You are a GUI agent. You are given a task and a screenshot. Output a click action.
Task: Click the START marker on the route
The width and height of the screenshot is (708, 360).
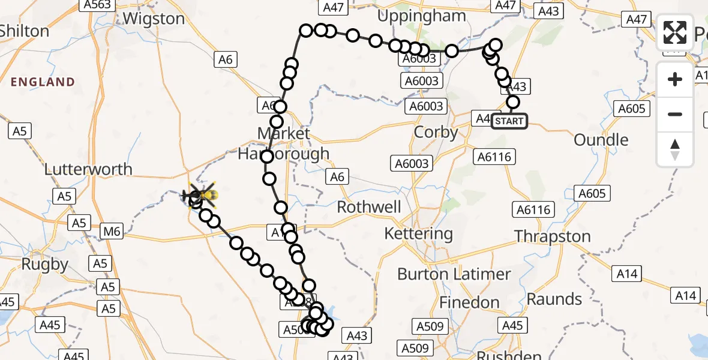(x=509, y=121)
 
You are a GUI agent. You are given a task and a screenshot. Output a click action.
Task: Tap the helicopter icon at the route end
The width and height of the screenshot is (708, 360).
(x=201, y=195)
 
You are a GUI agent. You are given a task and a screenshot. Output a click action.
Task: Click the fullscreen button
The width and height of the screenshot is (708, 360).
(x=675, y=32)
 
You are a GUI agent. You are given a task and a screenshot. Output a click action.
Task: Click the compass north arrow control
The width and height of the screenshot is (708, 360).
(x=675, y=149)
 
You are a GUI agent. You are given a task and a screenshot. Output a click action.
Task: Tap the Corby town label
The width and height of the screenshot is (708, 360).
(x=436, y=132)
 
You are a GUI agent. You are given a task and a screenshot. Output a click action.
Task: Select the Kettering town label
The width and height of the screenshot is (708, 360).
(x=419, y=233)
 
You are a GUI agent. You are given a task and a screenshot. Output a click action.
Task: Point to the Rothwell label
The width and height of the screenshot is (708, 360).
(x=369, y=208)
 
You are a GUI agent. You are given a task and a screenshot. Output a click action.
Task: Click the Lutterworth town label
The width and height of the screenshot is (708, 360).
(x=88, y=169)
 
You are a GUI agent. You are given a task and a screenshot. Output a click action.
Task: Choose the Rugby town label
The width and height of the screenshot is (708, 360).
(x=44, y=264)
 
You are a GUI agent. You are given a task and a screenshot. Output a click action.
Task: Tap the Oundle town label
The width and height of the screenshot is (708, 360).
(x=601, y=140)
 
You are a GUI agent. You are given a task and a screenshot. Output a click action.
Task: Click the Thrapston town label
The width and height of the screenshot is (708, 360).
(x=553, y=236)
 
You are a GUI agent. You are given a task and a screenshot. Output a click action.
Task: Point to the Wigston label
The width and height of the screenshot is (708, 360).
(x=154, y=19)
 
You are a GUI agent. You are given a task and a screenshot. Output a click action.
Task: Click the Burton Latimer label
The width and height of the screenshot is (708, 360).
(x=454, y=275)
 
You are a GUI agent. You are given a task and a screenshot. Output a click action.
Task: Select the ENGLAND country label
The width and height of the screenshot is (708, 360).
(x=42, y=82)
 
